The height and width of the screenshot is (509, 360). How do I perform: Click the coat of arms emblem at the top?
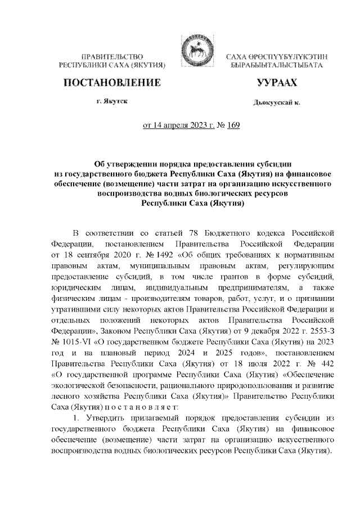click(193, 58)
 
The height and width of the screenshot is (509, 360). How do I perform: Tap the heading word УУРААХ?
click(276, 83)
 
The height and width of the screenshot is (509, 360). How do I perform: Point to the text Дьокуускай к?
click(277, 103)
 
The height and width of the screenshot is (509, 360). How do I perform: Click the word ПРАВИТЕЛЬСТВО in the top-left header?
click(112, 57)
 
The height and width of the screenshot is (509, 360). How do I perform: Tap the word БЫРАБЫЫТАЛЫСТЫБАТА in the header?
click(276, 66)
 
